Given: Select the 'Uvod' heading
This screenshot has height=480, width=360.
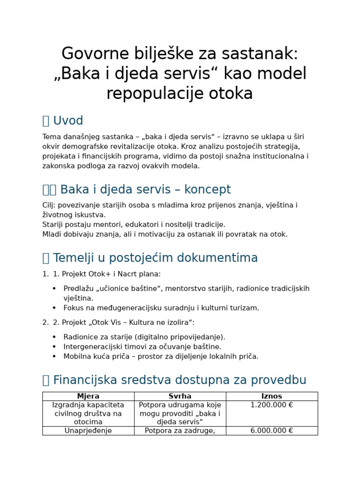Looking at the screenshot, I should click(x=68, y=121).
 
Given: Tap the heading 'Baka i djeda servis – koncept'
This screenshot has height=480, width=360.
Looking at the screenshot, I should click(x=145, y=190).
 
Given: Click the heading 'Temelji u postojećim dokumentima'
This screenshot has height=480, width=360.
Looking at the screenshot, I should click(x=155, y=258).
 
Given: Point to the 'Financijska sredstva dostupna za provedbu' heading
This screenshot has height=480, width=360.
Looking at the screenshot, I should click(x=180, y=380).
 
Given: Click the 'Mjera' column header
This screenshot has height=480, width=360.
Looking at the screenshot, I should click(x=88, y=397).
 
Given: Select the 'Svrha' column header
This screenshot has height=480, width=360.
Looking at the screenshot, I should click(x=180, y=397).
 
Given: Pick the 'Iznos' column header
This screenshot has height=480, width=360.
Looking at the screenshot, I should click(x=272, y=397).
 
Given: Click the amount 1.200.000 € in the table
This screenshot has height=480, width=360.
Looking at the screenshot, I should click(x=272, y=405).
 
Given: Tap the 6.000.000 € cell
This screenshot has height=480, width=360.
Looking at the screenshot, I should click(x=272, y=431).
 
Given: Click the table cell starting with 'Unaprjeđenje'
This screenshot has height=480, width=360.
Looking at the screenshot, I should click(x=88, y=431).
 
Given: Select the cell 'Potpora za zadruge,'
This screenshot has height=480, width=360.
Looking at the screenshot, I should click(x=180, y=431).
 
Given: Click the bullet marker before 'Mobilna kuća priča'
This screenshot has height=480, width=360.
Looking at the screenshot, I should click(x=54, y=357).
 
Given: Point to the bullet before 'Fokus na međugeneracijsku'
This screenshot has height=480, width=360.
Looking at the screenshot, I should click(x=54, y=308).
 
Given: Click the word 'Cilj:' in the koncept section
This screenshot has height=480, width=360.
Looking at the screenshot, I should click(x=49, y=205).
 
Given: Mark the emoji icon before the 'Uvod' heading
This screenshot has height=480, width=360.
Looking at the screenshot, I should click(x=45, y=121).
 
